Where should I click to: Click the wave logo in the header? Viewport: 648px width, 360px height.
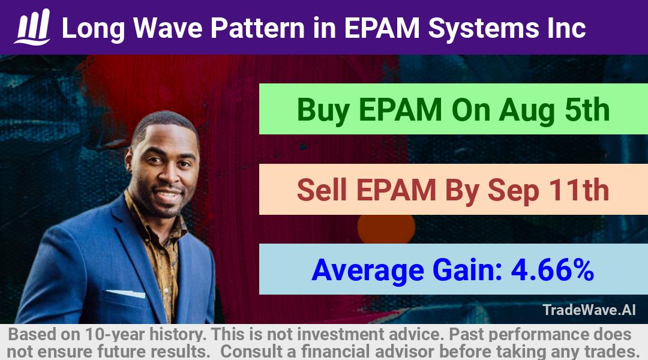(32, 27)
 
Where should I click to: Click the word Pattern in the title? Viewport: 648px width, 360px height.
(257, 28)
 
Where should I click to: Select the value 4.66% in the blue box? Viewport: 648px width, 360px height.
(553, 270)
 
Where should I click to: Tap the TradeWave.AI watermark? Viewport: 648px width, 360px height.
(589, 310)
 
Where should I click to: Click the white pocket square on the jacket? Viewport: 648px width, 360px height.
(127, 293)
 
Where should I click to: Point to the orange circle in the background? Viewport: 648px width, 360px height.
(386, 229)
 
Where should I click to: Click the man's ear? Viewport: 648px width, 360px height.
(130, 161)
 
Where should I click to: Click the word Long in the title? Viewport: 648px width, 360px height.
(93, 29)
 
